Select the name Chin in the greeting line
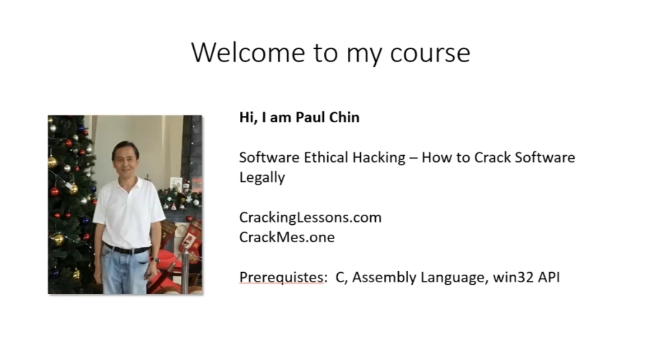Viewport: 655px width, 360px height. coord(343,117)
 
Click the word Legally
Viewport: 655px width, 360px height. coord(262,178)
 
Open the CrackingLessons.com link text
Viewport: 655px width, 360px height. coord(310,217)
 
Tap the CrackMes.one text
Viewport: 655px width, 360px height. coord(287,237)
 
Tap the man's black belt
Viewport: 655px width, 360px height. coord(127,249)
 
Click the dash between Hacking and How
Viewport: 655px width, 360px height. coord(413,158)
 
